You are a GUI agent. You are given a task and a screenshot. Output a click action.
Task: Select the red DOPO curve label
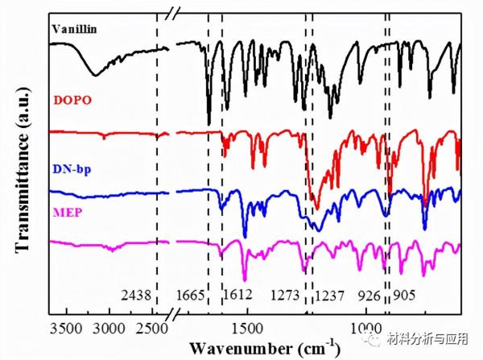coord(71,100)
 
